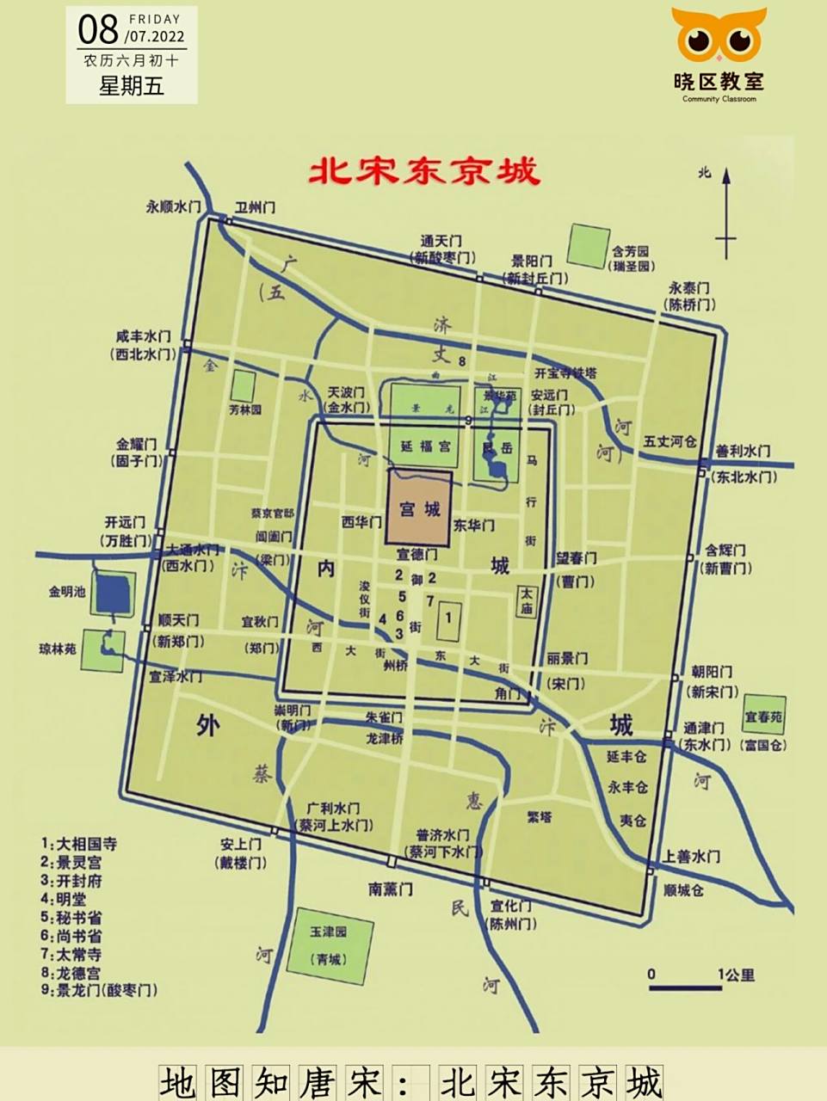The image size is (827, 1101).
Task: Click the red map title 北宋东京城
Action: (424, 171)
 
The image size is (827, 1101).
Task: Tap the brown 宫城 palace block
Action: (420, 507)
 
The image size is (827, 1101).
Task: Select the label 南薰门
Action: (391, 889)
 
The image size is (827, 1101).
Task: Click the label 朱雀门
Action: (384, 717)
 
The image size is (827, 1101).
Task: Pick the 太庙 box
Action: (526, 600)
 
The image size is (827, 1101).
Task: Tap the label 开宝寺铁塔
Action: (565, 373)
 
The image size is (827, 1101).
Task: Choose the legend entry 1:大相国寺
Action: (78, 844)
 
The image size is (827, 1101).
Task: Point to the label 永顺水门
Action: (173, 207)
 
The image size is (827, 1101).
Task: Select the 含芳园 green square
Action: (589, 246)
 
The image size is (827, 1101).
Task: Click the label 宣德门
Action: (417, 555)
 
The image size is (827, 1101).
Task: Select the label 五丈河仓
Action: (670, 441)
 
